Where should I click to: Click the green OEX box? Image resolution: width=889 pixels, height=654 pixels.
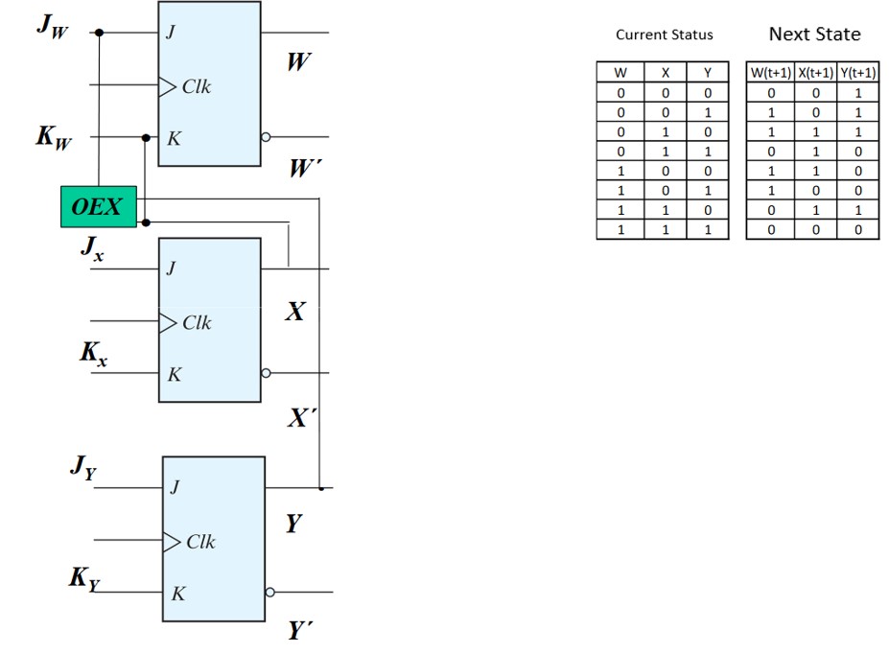[x=98, y=206]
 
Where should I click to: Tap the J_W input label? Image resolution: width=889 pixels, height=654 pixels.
[x=53, y=26]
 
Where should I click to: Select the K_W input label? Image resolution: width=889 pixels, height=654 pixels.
[x=54, y=138]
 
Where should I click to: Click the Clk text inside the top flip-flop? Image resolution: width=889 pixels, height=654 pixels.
[x=196, y=87]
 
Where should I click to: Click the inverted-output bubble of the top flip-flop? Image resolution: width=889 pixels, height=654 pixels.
[x=266, y=138]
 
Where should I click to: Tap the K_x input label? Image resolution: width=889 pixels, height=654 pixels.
[x=93, y=353]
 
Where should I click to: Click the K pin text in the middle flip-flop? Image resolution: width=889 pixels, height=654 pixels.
[x=174, y=374]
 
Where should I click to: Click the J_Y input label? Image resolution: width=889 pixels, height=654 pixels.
[x=82, y=468]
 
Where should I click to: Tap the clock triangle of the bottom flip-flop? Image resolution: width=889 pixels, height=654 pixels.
[x=172, y=542]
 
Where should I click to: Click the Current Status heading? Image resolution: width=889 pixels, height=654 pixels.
[x=664, y=35]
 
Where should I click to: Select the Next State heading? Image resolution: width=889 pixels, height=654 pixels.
[x=814, y=35]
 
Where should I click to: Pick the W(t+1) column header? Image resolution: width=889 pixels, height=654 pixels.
[x=769, y=73]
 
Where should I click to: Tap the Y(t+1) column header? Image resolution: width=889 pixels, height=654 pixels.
[x=857, y=73]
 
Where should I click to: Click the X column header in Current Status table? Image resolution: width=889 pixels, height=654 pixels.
[x=664, y=73]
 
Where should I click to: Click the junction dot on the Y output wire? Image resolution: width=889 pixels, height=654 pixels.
[x=320, y=488]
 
